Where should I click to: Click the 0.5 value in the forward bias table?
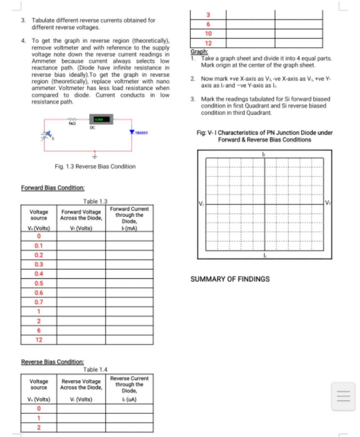click(39, 283)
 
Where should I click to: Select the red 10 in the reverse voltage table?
click(208, 34)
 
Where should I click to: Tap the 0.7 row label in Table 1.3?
click(39, 302)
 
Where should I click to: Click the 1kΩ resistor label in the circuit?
click(72, 123)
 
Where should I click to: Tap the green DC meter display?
click(101, 119)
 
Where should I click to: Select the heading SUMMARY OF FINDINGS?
click(230, 279)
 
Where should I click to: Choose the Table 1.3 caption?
click(96, 201)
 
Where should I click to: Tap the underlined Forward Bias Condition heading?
click(52, 188)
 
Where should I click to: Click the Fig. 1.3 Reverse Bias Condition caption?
click(95, 166)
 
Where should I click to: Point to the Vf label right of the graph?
click(328, 202)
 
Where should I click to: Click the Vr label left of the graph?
click(201, 202)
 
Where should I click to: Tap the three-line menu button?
click(343, 396)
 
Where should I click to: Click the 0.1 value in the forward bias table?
click(39, 246)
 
